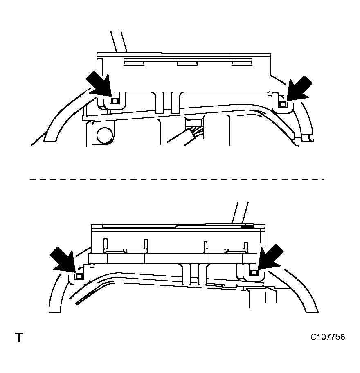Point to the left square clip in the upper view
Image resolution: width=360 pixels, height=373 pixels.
click(x=115, y=100)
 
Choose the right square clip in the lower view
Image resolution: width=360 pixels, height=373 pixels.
click(x=254, y=273)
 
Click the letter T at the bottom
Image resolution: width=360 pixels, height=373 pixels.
click(x=19, y=338)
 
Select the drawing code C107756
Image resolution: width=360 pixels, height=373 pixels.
click(x=327, y=337)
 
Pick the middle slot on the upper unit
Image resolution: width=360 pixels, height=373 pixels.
click(x=187, y=63)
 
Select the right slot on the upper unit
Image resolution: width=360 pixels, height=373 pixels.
click(x=241, y=62)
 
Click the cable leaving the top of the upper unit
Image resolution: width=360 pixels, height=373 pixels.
click(x=119, y=41)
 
